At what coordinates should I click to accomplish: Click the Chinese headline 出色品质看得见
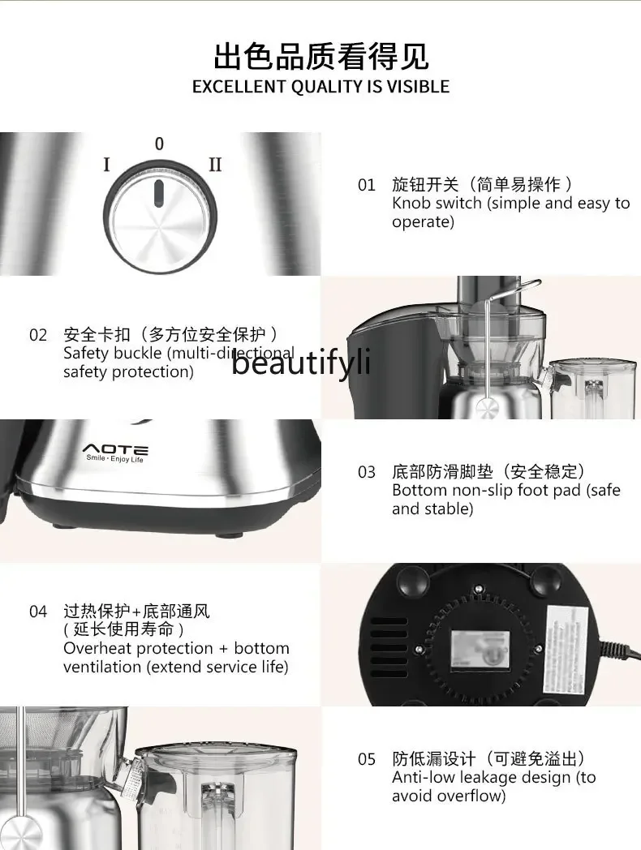coord(320,57)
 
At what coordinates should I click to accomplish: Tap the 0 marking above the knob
coord(159,144)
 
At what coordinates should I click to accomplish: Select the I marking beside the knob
coord(106,165)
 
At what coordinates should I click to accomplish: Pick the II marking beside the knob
coord(215,165)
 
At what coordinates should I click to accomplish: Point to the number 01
coord(367,185)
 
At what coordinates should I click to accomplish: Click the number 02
coord(38,335)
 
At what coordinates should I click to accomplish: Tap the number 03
coord(367,472)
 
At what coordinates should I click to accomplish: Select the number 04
coord(38,612)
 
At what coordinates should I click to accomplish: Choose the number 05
coord(367,759)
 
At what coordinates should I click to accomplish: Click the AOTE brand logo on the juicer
coord(115,449)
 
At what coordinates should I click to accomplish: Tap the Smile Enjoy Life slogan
coord(115,459)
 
